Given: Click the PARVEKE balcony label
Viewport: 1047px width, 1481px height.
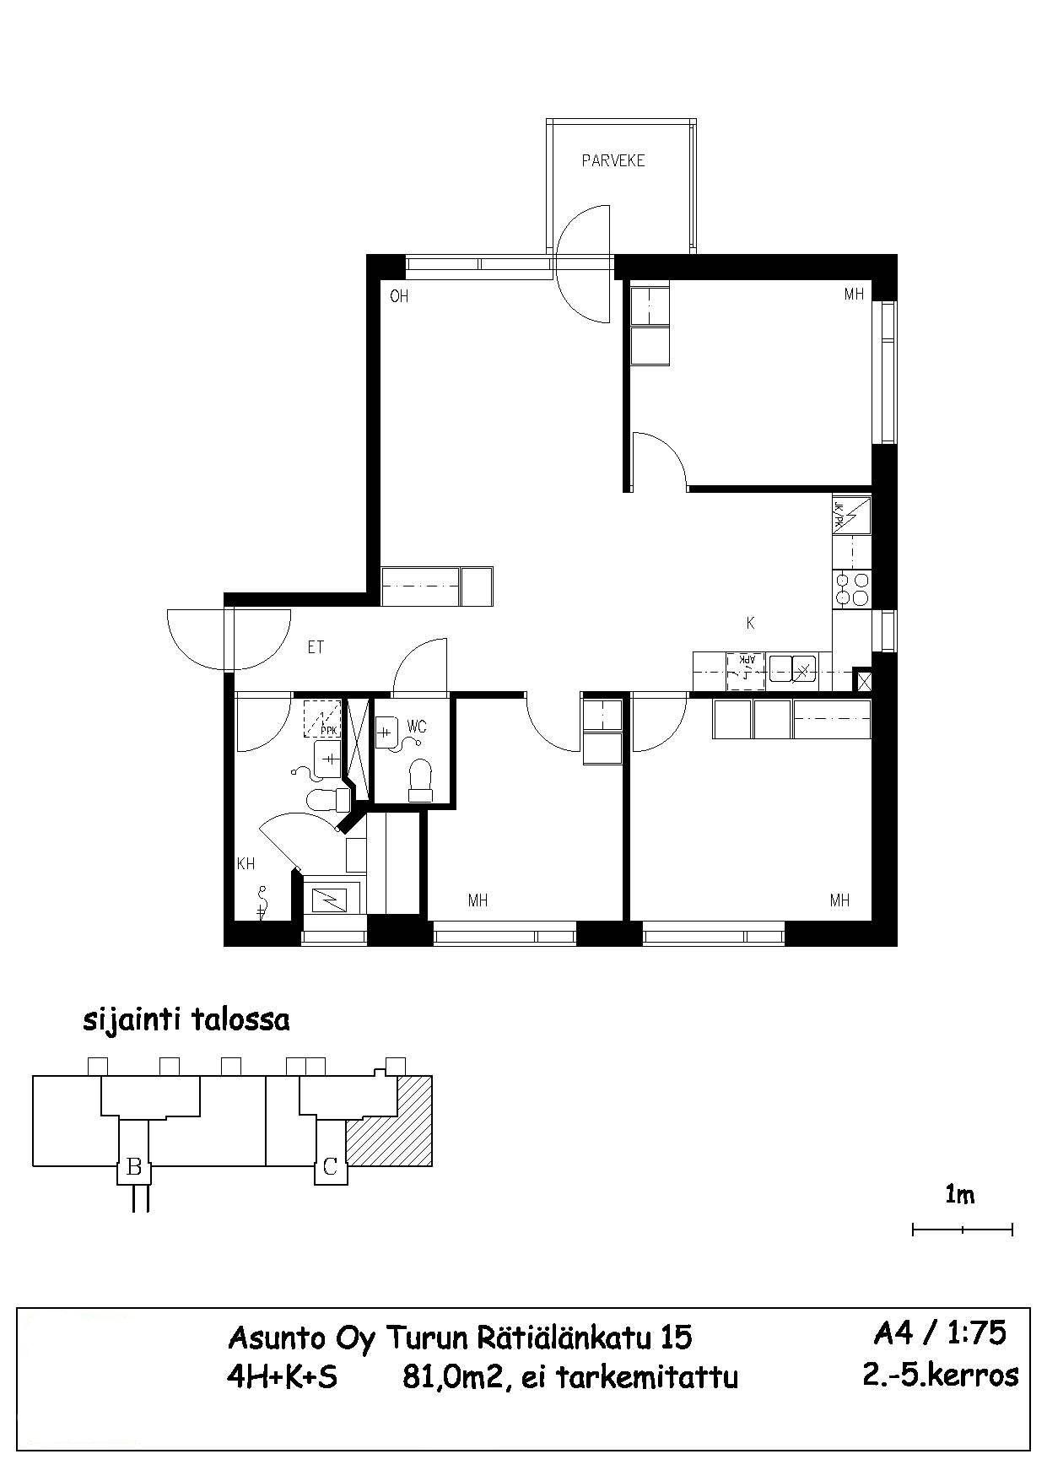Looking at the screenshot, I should [x=613, y=160].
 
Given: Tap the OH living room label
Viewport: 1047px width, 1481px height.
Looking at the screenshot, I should [x=399, y=296].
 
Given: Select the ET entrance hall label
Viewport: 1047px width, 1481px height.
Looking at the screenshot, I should [x=316, y=647].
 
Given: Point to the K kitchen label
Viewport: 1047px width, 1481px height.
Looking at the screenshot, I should [x=750, y=624].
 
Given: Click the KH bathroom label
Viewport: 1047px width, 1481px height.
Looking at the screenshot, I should [x=246, y=864].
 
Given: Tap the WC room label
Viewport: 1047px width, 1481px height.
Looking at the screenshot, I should [x=416, y=727].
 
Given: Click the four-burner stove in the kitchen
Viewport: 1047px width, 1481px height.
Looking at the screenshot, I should [x=851, y=589].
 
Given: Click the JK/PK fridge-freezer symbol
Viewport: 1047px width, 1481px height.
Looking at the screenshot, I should [x=851, y=514].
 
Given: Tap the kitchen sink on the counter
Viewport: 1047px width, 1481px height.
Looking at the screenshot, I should [x=792, y=668].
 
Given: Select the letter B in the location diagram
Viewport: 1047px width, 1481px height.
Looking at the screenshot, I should [x=133, y=1168].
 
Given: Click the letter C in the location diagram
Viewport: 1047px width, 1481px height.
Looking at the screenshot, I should [x=330, y=1168].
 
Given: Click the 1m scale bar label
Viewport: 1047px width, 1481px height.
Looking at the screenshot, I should [x=960, y=1195].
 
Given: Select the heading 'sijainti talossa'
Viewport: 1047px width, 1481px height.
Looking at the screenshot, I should [x=186, y=1019].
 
